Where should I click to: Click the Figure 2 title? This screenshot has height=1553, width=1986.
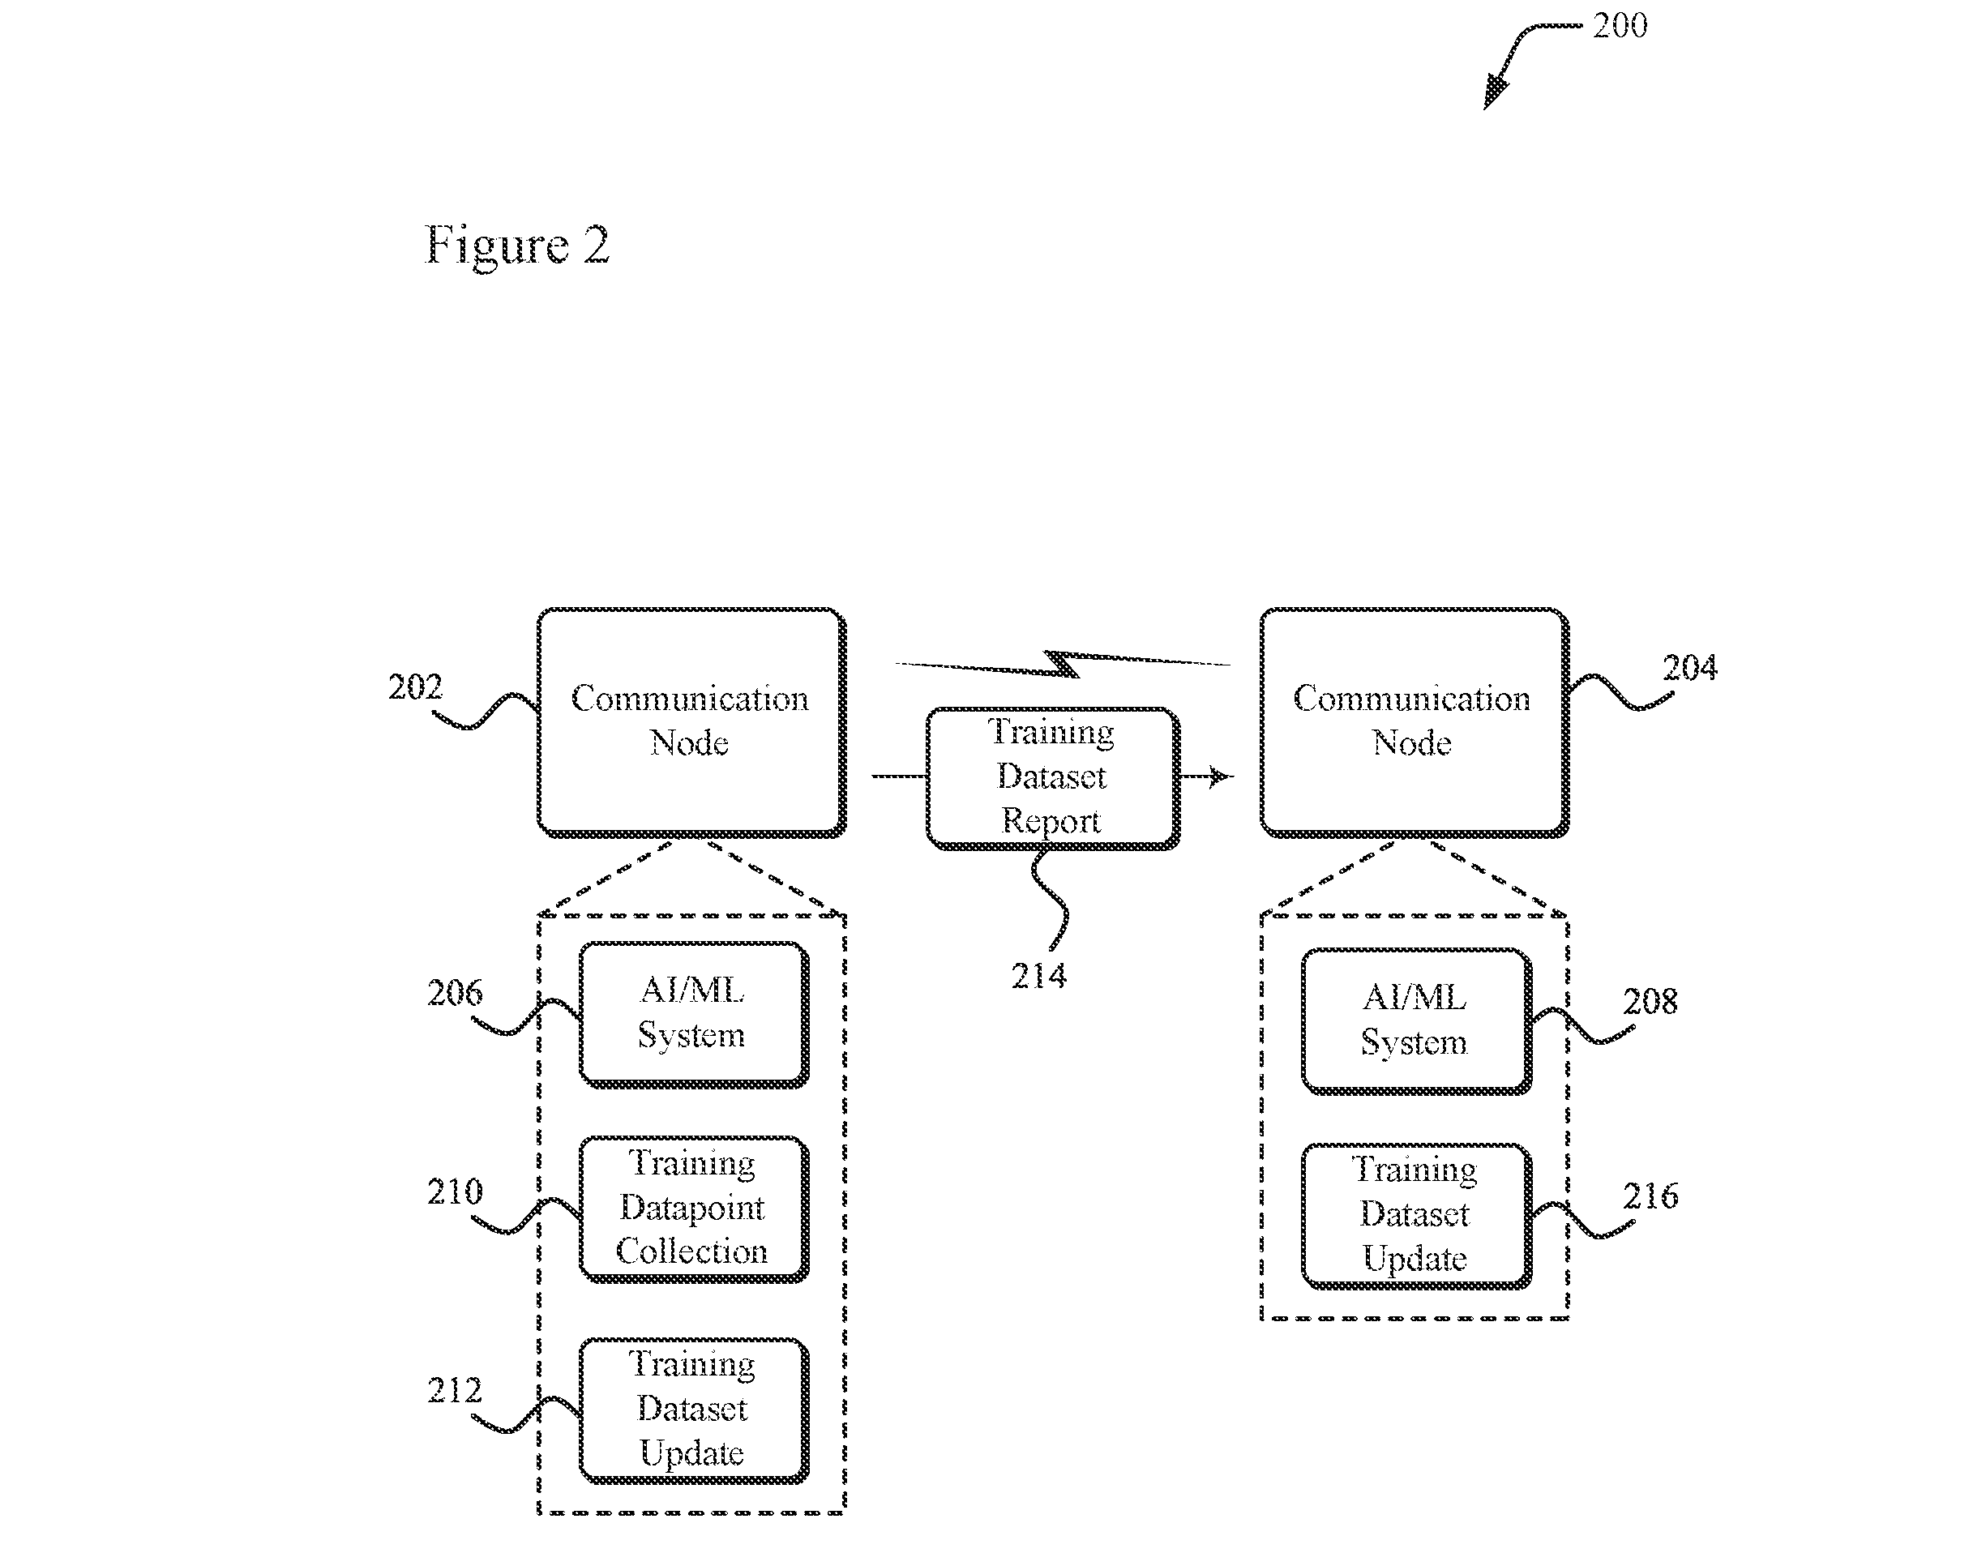coord(516,246)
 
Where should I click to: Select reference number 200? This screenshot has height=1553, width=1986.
coord(1620,25)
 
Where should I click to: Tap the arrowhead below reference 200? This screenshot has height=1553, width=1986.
coord(1495,92)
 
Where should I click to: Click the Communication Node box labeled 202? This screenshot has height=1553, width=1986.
coord(692,723)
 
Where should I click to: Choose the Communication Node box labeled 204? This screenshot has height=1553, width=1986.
coord(1414,723)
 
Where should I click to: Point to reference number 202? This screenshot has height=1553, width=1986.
coord(416,687)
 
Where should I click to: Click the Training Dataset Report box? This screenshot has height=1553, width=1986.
coord(1053,778)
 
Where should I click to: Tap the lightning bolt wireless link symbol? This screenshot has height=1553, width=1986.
coord(1063,665)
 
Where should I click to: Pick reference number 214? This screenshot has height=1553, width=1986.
coord(1038,977)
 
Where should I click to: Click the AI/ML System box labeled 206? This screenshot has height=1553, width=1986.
coord(694,1015)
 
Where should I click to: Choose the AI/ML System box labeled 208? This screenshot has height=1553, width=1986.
coord(1417,1021)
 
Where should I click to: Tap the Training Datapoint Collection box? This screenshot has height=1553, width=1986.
coord(694,1209)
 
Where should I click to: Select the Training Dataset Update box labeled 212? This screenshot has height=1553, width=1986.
coord(694,1411)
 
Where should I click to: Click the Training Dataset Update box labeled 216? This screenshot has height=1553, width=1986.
coord(1417,1217)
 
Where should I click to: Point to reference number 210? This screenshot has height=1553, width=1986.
coord(455,1192)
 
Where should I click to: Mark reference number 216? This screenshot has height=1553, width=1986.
coord(1650,1196)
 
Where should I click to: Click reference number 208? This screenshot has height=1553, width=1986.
coord(1650,1002)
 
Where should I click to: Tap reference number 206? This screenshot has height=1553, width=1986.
coord(455,993)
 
